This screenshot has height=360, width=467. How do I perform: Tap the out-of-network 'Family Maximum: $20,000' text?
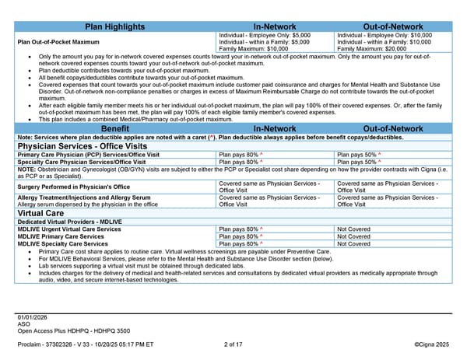371,48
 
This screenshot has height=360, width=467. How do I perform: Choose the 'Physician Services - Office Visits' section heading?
75,145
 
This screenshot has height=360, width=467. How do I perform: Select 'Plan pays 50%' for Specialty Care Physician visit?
358,162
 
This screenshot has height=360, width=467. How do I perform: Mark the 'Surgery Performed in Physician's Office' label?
69,187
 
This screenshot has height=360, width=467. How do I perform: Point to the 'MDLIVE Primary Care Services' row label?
61,236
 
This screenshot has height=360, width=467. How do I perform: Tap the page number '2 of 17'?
233,344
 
